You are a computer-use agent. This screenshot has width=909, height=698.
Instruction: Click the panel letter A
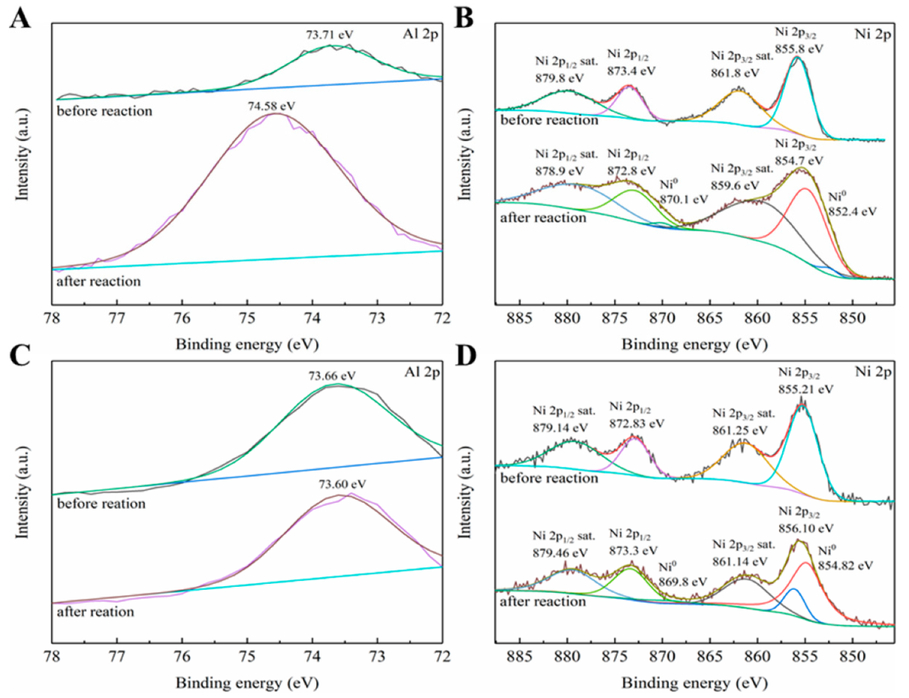tap(20, 17)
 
